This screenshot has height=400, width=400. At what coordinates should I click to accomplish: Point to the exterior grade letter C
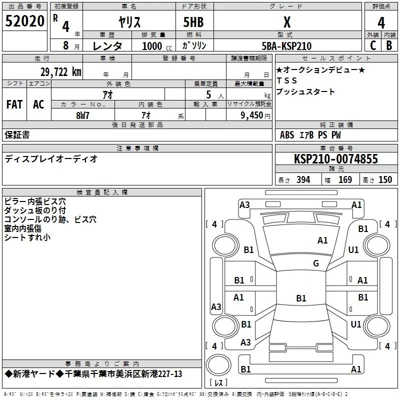(372, 45)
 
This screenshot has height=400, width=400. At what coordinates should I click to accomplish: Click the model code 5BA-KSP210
(286, 46)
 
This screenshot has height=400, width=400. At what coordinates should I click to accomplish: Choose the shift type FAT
(14, 104)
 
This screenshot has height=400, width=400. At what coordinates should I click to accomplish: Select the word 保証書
(17, 135)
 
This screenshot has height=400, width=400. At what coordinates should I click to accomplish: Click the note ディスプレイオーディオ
(51, 159)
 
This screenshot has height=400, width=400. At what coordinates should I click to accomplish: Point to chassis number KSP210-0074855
(336, 159)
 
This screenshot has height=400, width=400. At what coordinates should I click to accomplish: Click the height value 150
(385, 180)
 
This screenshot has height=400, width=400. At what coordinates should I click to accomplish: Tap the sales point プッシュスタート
(305, 92)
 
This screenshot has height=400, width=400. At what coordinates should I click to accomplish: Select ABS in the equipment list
(287, 135)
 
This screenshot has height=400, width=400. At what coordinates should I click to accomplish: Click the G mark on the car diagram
(315, 263)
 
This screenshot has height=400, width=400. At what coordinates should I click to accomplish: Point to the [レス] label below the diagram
(218, 383)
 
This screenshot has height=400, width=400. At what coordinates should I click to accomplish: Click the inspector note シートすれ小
(27, 237)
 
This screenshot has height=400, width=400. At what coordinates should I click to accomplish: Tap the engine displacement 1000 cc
(156, 46)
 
